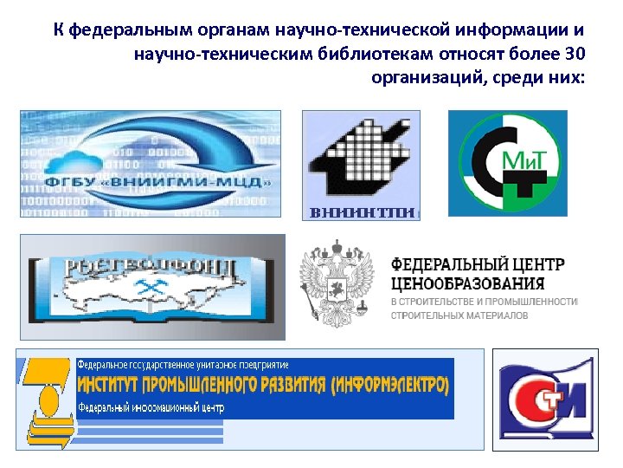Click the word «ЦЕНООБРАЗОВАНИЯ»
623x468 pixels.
pyautogui.click(x=468, y=283)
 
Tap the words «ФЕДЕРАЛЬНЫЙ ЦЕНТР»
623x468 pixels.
pyautogui.click(x=478, y=263)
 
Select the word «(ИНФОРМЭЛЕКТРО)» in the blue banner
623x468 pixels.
pyautogui.click(x=392, y=384)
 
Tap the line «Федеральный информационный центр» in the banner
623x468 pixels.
pyautogui.click(x=151, y=406)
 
